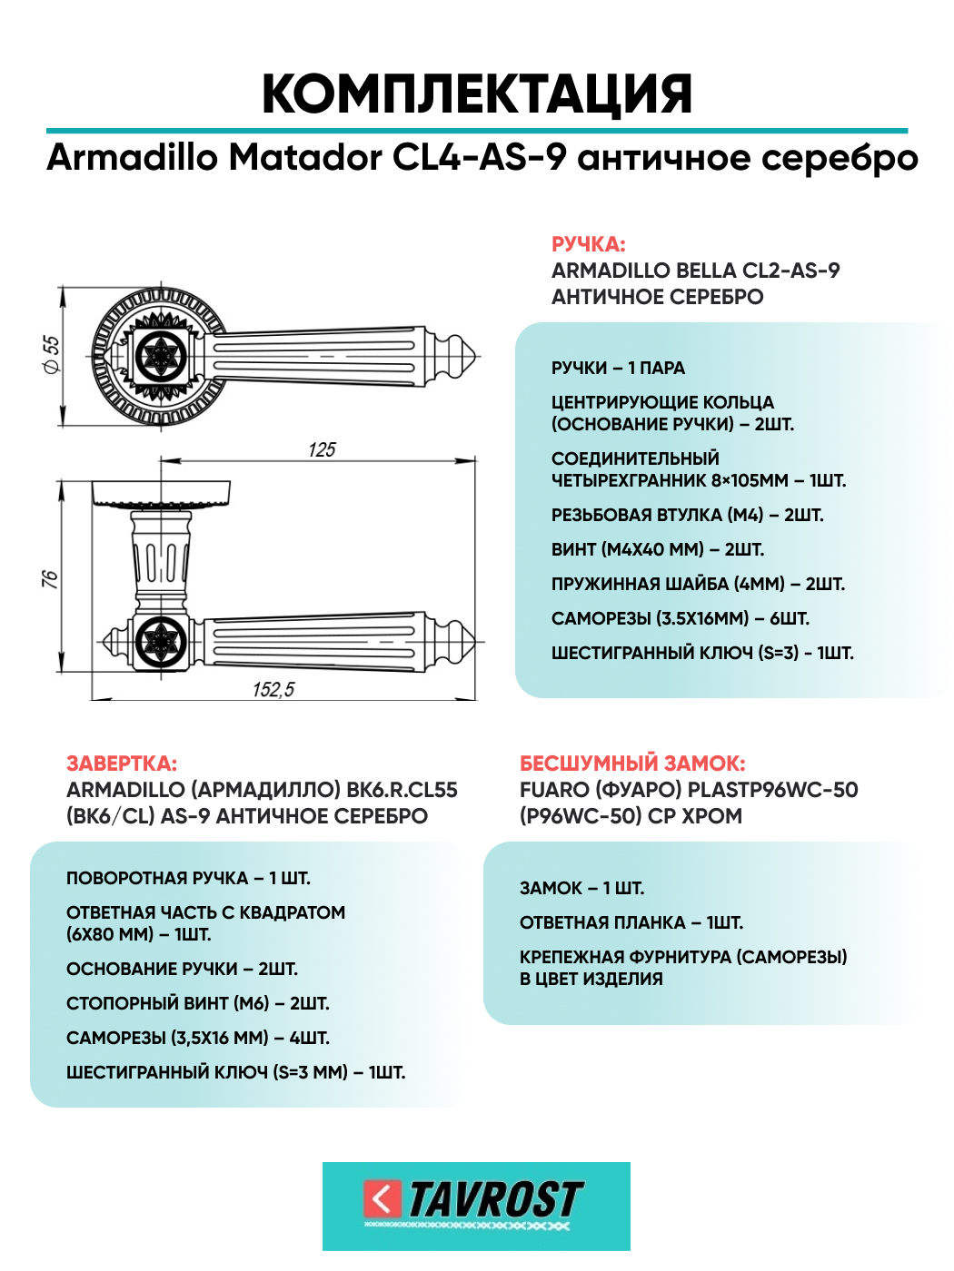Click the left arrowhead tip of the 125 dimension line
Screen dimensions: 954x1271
coord(161,461)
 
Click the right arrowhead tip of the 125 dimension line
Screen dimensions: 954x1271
coord(475,461)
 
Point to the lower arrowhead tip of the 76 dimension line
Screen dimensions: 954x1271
coord(61,672)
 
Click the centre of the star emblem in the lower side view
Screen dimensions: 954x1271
coord(159,642)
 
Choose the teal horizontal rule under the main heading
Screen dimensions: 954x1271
coord(477,131)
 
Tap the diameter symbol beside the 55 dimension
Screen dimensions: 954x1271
coord(52,365)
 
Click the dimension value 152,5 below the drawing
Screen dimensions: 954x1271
coord(273,689)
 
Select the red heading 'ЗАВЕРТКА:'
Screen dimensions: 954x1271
coord(122,764)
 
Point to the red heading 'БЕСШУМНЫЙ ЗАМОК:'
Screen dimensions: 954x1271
coord(632,764)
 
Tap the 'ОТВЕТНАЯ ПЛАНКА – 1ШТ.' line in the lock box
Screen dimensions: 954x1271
coord(631,922)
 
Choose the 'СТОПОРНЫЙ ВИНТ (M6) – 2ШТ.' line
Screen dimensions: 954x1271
coord(198,1003)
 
